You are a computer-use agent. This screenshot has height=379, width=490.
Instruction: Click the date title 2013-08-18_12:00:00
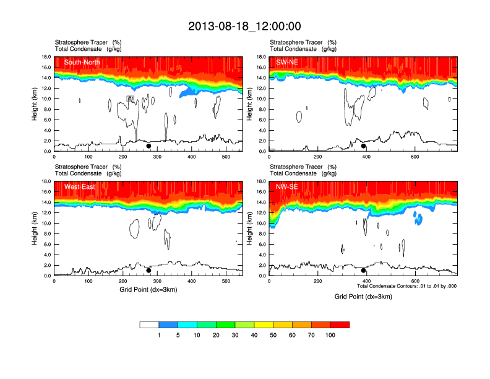coord(244,26)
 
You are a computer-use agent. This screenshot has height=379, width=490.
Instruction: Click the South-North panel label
coord(82,62)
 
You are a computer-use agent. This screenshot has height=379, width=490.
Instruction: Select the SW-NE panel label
coord(288,62)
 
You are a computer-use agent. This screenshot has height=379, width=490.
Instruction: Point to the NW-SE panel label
coord(288,186)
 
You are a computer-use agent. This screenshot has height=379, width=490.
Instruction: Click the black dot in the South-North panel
coord(148,146)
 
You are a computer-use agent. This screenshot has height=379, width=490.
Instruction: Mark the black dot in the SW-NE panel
coord(364,146)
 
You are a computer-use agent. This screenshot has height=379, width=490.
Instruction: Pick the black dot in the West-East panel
coord(148,271)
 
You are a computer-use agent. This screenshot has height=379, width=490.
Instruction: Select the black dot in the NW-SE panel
coord(364,271)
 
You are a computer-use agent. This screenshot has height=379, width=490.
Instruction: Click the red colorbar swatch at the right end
coord(340,325)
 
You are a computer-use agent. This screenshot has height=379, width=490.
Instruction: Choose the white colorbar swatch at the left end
coord(149,325)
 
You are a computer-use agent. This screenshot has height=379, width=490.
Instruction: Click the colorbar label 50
coord(273,335)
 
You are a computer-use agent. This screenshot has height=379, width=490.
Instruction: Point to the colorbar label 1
coord(159,335)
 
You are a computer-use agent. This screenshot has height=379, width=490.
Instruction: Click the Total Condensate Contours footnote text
coord(407,286)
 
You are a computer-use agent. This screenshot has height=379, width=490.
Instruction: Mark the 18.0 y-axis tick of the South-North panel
coord(46,57)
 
